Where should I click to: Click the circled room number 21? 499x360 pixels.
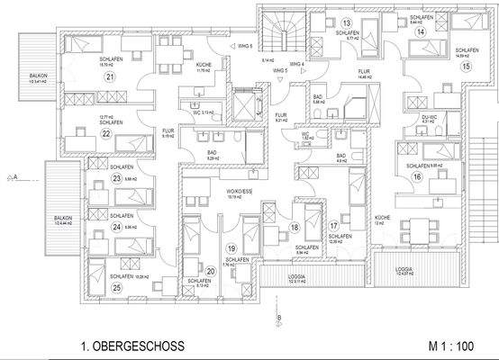pos(110,77)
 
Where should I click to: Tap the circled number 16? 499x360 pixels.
pos(418,176)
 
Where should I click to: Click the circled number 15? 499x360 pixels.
pos(466,66)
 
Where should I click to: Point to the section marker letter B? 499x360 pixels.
pos(279,318)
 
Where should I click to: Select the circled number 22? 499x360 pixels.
pos(106,135)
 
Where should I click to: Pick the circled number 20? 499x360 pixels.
pos(211,269)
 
